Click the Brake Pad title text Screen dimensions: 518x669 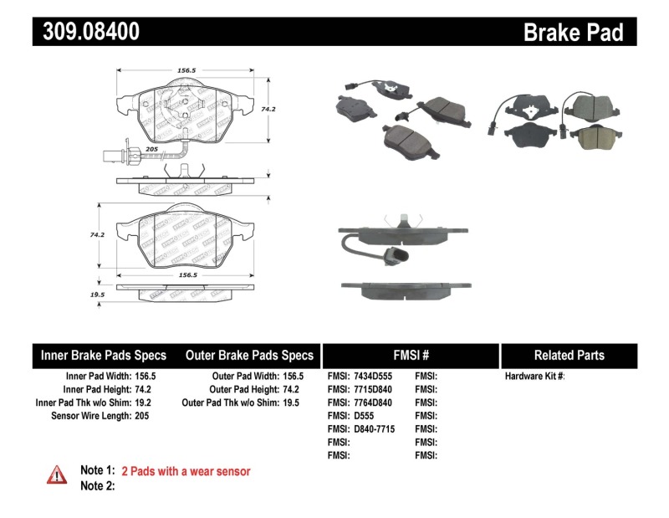click(x=573, y=33)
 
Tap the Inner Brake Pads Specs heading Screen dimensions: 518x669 click(x=104, y=355)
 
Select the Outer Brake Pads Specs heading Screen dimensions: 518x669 click(x=250, y=355)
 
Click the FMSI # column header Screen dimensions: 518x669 click(x=411, y=355)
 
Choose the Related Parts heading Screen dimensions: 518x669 click(x=569, y=355)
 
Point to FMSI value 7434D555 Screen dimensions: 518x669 click(x=373, y=377)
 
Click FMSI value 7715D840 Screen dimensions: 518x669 click(x=373, y=389)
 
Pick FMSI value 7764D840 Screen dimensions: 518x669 click(x=373, y=403)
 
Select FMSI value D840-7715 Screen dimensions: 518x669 click(x=374, y=428)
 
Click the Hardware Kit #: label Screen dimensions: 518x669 click(x=534, y=377)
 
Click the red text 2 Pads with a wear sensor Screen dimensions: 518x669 click(x=186, y=471)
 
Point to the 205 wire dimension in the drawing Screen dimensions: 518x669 click(x=151, y=149)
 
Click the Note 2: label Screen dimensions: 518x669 click(x=97, y=485)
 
